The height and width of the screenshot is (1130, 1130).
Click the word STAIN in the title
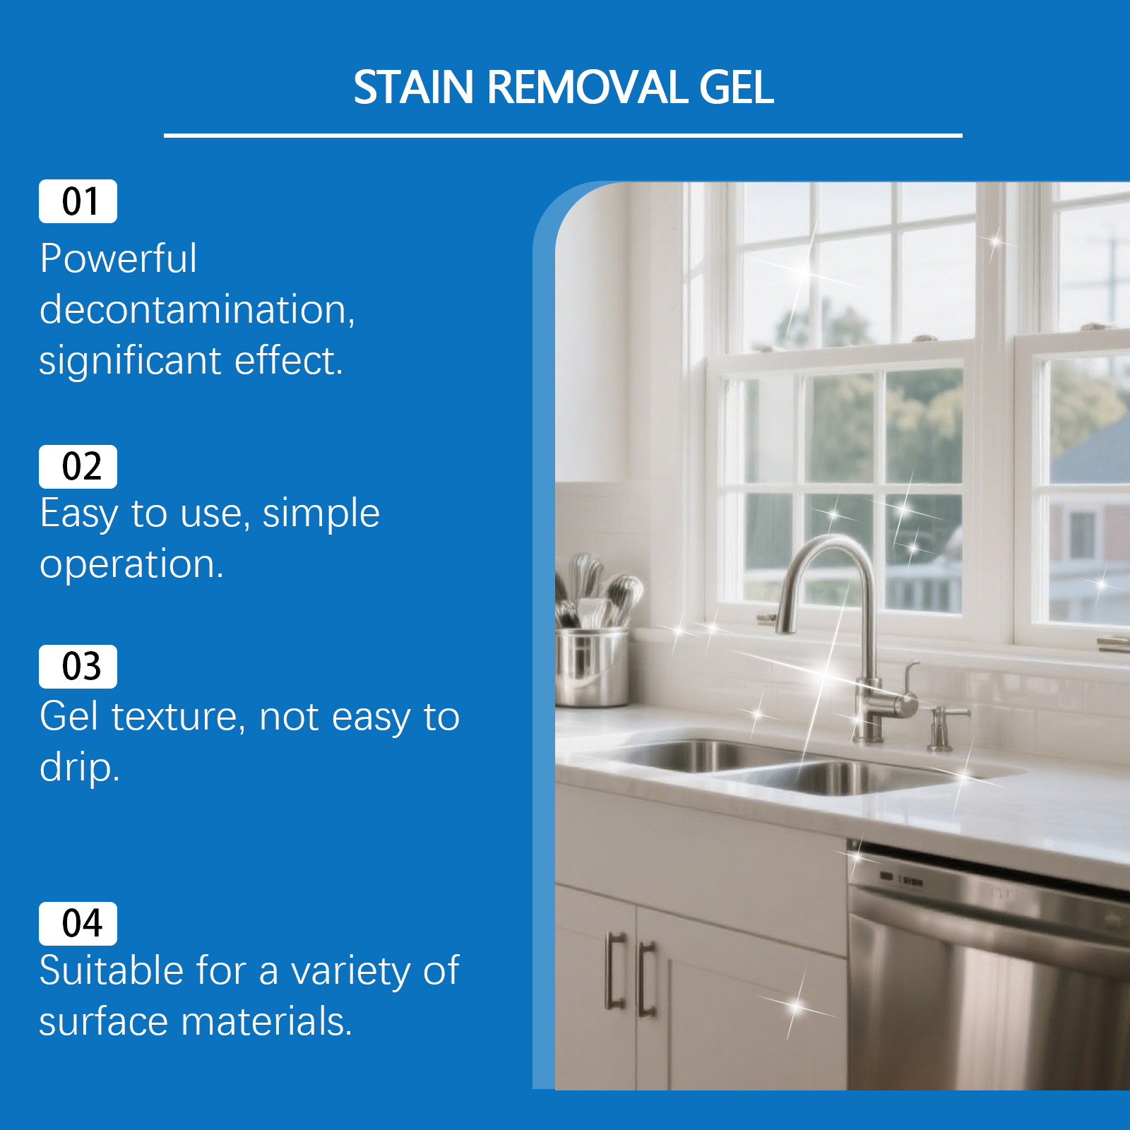pyautogui.click(x=413, y=88)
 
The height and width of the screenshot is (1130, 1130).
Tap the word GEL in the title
pyautogui.click(x=736, y=88)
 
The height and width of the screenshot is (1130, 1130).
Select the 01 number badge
pyautogui.click(x=78, y=201)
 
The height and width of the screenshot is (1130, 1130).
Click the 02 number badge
pyautogui.click(x=78, y=467)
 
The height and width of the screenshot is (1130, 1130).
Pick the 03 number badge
pyautogui.click(x=78, y=667)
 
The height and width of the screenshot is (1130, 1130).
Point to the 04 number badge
pyautogui.click(x=78, y=924)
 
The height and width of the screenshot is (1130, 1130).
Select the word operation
pyautogui.click(x=131, y=565)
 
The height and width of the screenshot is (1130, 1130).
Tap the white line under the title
pyautogui.click(x=563, y=135)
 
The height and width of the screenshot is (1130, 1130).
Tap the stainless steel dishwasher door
pyautogui.click(x=989, y=982)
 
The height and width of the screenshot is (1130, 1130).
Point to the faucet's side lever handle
pyautogui.click(x=910, y=678)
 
